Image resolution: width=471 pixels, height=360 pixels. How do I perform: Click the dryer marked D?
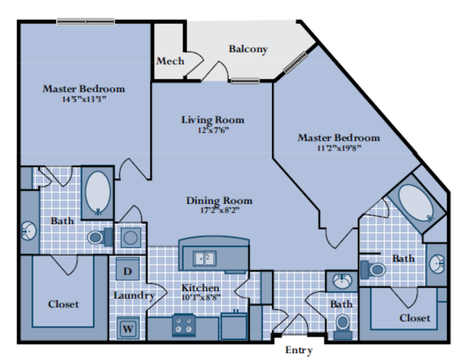click(128, 269)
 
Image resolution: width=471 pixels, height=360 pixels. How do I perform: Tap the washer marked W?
click(128, 328)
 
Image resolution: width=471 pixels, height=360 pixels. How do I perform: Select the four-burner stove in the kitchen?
click(184, 325)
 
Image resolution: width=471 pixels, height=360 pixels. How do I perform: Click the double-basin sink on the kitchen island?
click(204, 258)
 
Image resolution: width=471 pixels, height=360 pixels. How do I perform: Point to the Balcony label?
click(248, 49)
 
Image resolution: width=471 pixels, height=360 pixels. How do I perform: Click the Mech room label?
click(170, 61)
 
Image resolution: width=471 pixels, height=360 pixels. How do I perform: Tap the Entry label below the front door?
click(299, 350)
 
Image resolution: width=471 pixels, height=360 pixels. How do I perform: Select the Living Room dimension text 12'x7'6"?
click(213, 131)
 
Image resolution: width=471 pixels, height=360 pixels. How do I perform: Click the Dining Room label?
click(219, 201)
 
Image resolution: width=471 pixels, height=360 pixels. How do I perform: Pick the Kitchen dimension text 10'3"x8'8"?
click(201, 297)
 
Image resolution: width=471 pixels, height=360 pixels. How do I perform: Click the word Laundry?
click(134, 295)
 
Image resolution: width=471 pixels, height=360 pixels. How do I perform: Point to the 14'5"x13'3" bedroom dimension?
click(84, 99)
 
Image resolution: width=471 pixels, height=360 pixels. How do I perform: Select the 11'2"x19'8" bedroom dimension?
click(339, 148)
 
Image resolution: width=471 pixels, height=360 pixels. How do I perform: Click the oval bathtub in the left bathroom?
click(97, 193)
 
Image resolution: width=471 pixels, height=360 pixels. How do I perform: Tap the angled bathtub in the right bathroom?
click(416, 204)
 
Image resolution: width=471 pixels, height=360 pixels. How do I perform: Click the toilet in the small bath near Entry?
click(343, 326)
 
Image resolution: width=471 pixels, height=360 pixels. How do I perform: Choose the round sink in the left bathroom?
click(29, 231)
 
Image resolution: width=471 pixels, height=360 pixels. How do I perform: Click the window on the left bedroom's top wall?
click(86, 21)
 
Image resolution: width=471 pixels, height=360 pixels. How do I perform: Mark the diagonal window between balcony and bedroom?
click(296, 63)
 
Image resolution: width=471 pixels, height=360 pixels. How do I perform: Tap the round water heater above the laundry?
click(130, 238)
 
